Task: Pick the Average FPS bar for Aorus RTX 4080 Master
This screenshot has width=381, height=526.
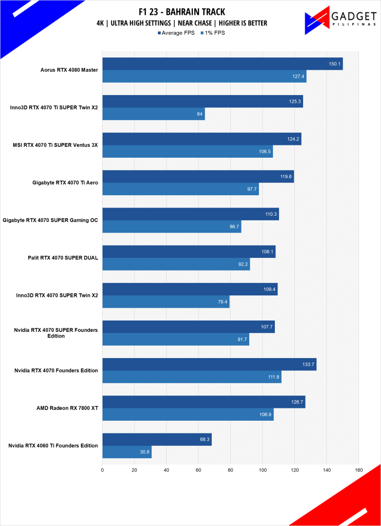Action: point(223,64)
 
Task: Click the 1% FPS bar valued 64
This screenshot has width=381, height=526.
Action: point(153,114)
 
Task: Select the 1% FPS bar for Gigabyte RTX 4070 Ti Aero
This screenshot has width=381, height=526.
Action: point(181,189)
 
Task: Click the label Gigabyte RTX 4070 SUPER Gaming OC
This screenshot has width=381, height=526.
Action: point(50,220)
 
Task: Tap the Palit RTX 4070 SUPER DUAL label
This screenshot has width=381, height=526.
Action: point(63,258)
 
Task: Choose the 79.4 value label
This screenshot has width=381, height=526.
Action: point(222,302)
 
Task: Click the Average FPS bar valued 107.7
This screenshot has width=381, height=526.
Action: point(189,327)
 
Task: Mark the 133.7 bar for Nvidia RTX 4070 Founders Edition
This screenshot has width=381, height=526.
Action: point(209,364)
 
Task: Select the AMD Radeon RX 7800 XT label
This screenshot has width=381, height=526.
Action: point(67,408)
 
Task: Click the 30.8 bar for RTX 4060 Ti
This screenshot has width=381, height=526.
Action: point(127,452)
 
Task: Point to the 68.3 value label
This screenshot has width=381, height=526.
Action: point(204,440)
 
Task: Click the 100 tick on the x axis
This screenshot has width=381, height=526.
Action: point(263,469)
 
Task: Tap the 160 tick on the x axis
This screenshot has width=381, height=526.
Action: point(358,469)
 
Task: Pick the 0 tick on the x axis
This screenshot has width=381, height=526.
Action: point(103,469)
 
